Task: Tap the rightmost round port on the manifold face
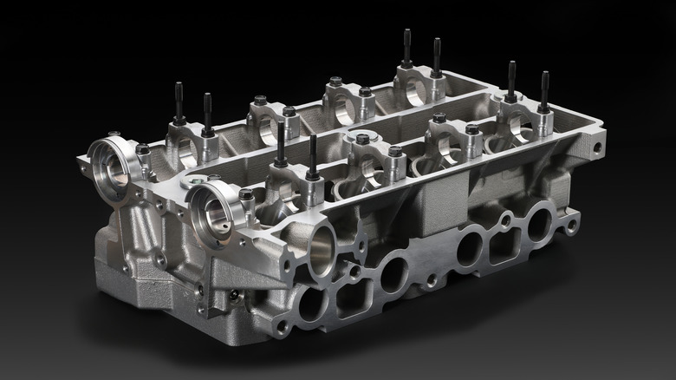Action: (539, 224)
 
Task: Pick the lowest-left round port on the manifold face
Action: (309, 305)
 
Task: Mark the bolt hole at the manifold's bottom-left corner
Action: (282, 327)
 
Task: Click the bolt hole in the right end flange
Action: (597, 147)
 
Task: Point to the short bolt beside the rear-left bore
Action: (143, 149)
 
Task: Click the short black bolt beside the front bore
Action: (246, 194)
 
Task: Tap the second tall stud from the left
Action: (207, 113)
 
